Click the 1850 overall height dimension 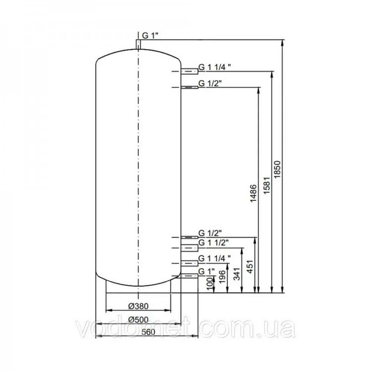[277, 169]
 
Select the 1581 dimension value [267, 186]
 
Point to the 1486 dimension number [253, 193]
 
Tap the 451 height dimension [250, 267]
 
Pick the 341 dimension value [237, 274]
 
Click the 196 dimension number [222, 277]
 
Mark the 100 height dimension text [210, 284]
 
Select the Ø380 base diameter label [138, 307]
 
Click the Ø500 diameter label [138, 320]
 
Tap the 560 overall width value [148, 332]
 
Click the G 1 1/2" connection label [213, 243]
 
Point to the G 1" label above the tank [150, 36]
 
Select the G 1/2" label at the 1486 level [210, 83]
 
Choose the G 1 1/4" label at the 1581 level [214, 67]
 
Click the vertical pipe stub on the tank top [138, 45]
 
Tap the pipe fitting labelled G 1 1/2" [189, 248]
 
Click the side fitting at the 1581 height [189, 71]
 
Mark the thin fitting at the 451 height [189, 237]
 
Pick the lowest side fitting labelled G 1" [189, 276]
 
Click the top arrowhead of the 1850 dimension [282, 42]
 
